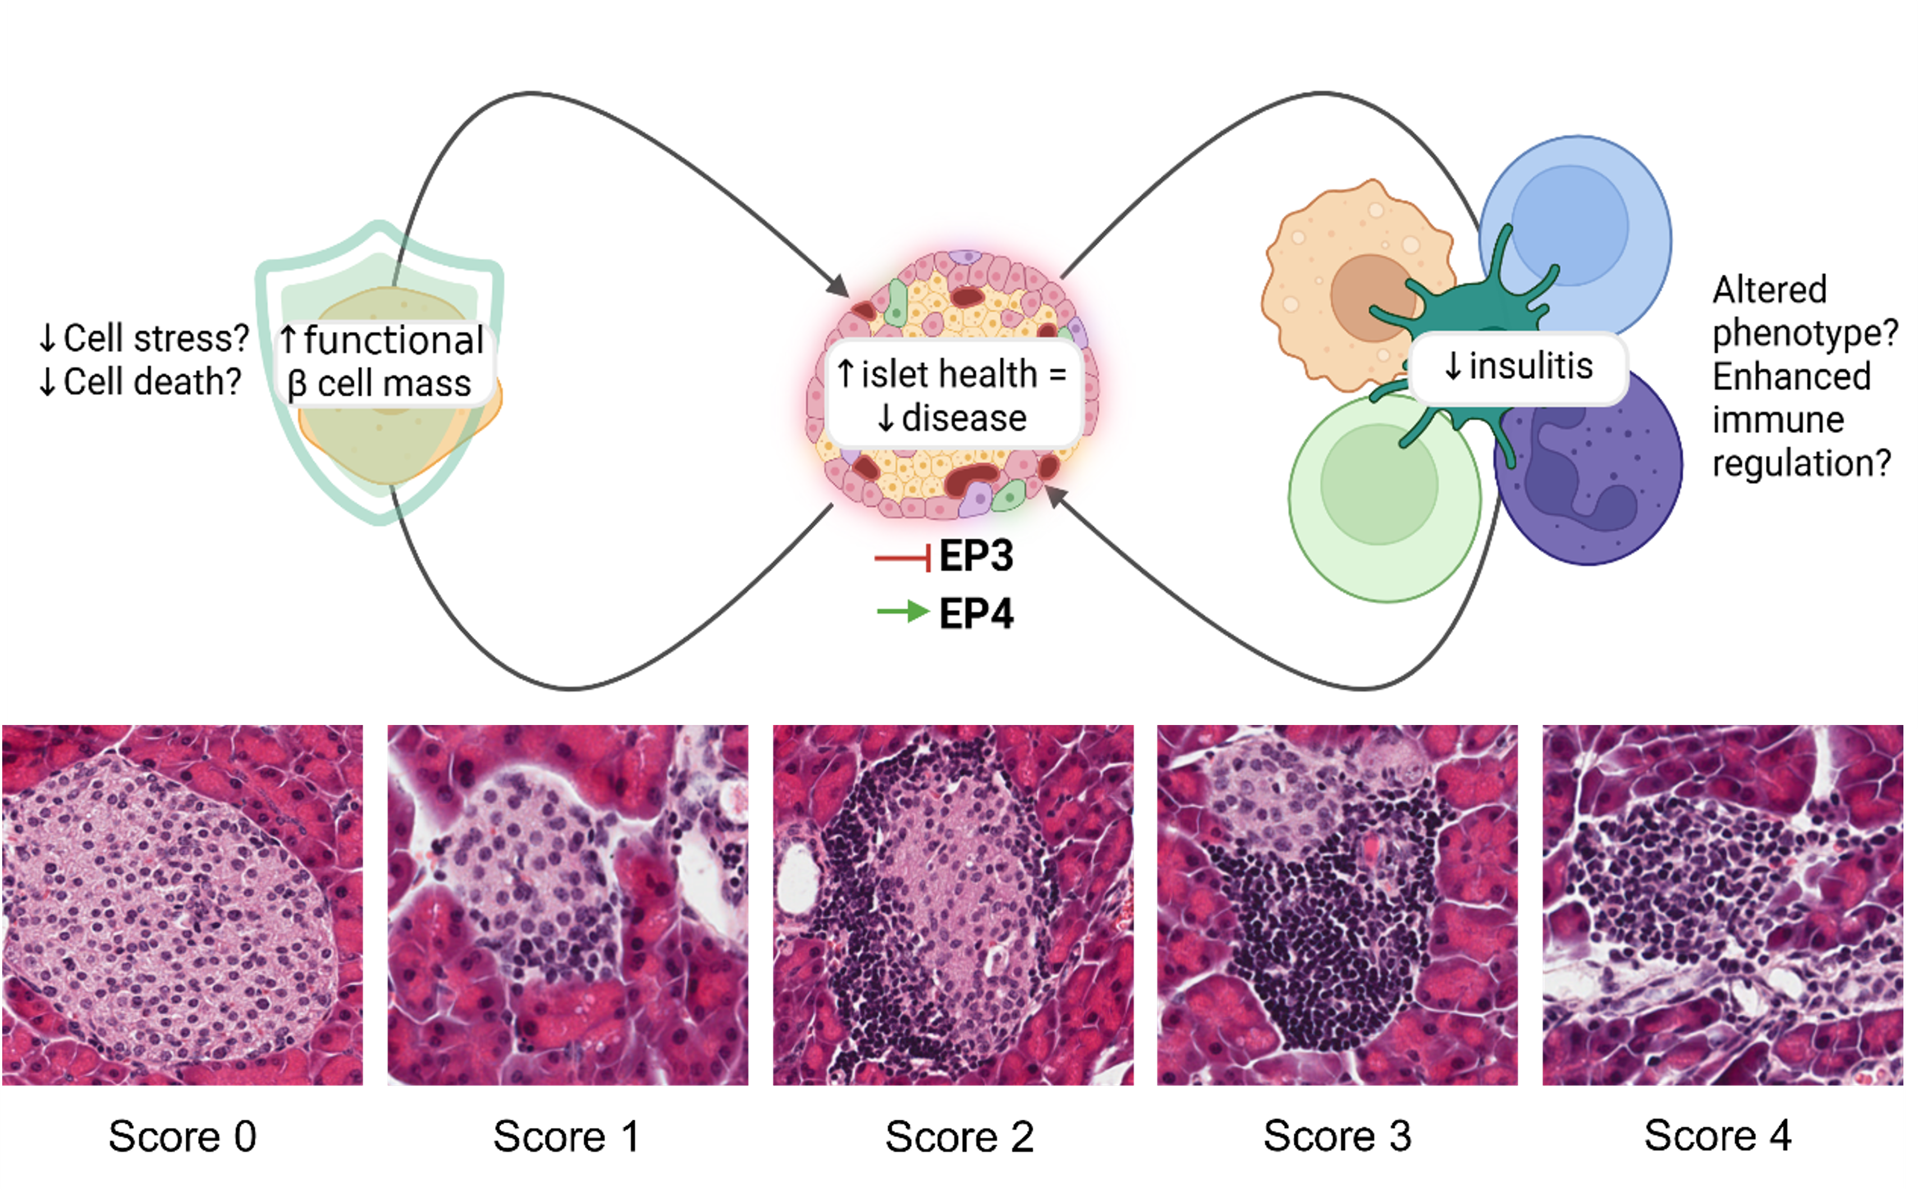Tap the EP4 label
(976, 614)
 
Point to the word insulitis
(1530, 366)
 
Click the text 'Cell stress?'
(156, 339)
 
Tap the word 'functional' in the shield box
(393, 340)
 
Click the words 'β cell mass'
(379, 384)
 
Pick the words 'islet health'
(949, 374)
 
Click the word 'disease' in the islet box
(964, 418)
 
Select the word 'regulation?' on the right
(1802, 463)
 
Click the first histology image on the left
(182, 905)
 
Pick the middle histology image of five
(953, 905)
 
